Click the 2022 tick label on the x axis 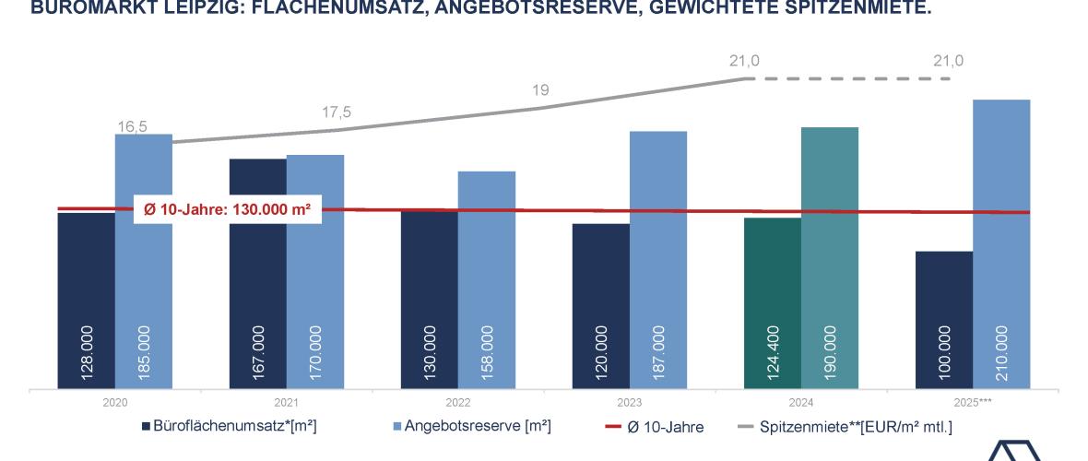[x=458, y=403]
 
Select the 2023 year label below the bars [x=630, y=403]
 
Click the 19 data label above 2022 [x=541, y=90]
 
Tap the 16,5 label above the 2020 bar [x=132, y=126]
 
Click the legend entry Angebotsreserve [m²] [x=469, y=426]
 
